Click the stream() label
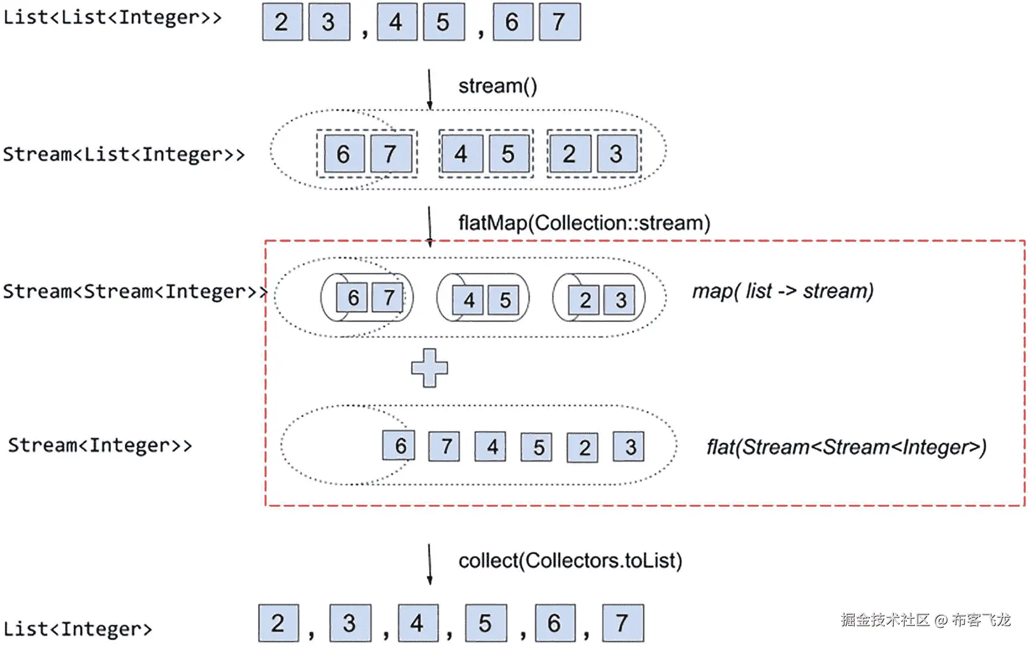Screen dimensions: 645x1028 coord(498,86)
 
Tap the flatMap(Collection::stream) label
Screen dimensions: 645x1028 coord(584,223)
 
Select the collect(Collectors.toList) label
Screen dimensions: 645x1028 coord(570,561)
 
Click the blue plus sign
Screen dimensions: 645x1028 coord(429,368)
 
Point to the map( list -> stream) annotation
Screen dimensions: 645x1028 coord(782,292)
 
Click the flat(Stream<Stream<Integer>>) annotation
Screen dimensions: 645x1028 coord(846,447)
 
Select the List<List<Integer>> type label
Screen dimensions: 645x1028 coord(112,17)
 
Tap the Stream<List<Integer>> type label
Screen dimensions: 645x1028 coord(123,154)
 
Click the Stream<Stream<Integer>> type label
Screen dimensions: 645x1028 coord(135,292)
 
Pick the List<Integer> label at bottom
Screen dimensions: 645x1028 coord(77,629)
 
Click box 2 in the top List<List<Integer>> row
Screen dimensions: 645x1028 coord(282,22)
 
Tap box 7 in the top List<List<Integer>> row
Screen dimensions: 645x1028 coord(559,22)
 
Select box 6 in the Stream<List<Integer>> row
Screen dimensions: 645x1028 coord(344,154)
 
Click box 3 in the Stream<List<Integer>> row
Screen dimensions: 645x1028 coord(616,154)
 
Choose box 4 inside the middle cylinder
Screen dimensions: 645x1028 coord(469,300)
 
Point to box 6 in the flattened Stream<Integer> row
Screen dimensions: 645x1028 coord(400,446)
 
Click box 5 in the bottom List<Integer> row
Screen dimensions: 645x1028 coord(485,624)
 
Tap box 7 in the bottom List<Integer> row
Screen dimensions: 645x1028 coord(622,624)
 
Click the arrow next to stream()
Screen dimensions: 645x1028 coord(429,89)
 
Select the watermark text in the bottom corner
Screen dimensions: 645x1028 coord(925,620)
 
